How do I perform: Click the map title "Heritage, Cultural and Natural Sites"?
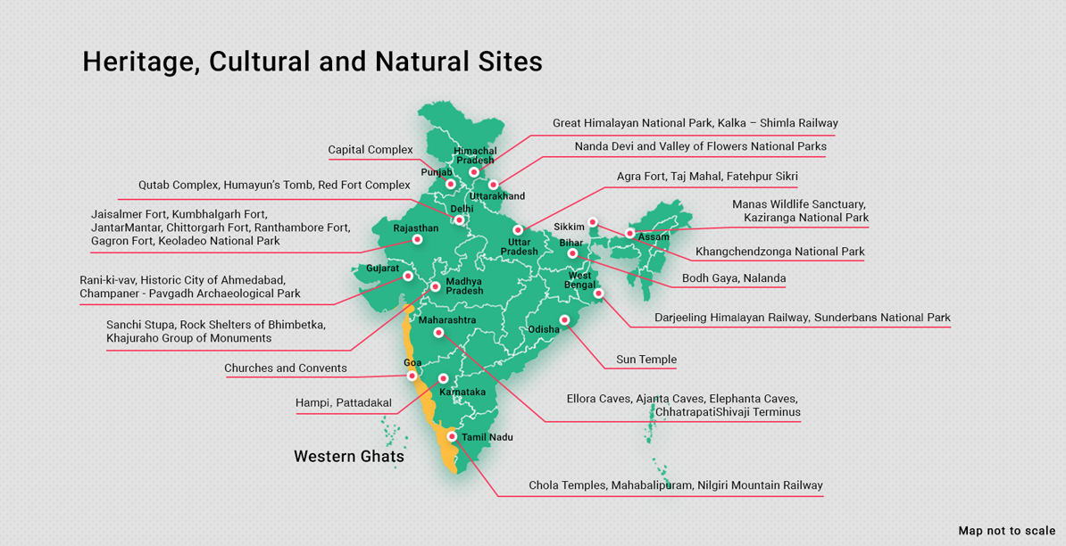click(x=312, y=62)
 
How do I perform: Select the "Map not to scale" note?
click(x=1006, y=531)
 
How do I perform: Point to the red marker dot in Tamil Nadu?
click(x=453, y=437)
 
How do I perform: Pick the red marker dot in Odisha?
click(x=564, y=320)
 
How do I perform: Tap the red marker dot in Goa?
click(x=412, y=376)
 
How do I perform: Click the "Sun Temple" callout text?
click(x=646, y=360)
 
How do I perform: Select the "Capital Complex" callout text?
click(x=371, y=150)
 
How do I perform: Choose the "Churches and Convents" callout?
click(x=286, y=368)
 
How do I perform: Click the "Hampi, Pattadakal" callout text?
click(x=344, y=403)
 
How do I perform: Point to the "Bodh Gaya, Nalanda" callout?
click(x=734, y=278)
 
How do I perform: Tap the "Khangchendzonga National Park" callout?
click(x=779, y=252)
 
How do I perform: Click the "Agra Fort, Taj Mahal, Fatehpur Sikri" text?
click(x=707, y=177)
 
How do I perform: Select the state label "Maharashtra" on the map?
click(x=447, y=319)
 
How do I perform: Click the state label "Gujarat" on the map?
click(x=382, y=268)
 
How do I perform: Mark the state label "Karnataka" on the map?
click(x=462, y=392)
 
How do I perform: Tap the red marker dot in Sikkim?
click(x=593, y=222)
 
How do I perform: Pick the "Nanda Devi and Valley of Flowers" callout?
click(x=700, y=146)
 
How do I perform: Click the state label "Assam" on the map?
click(x=654, y=237)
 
